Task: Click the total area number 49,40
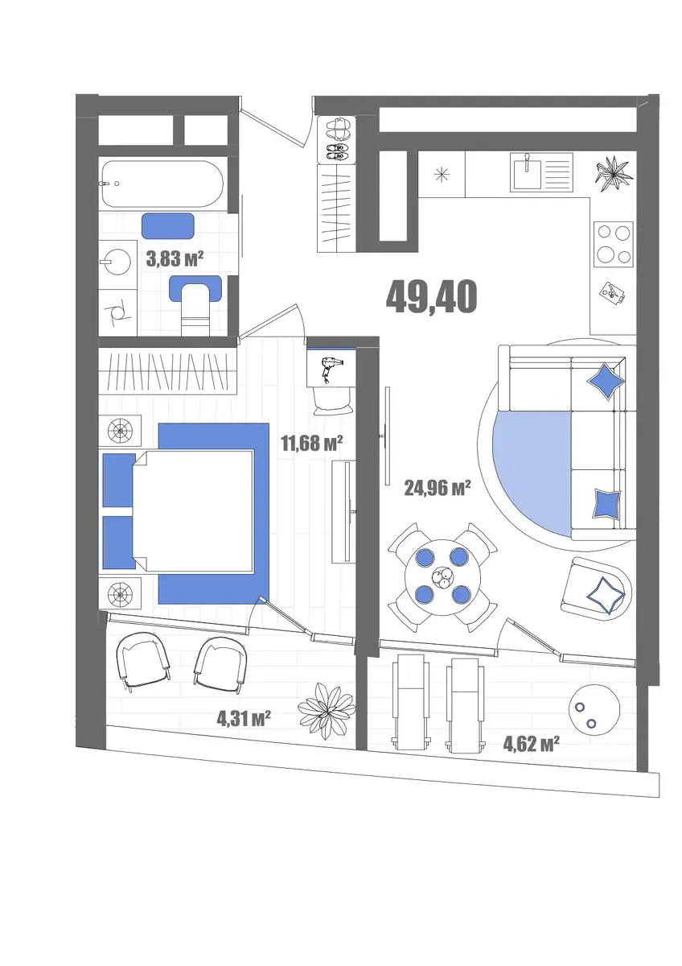coord(431,296)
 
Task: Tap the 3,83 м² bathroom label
coord(175,259)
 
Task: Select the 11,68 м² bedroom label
coord(312,443)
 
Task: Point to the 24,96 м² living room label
coord(437,488)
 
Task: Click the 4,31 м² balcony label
coord(244,718)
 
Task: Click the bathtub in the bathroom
coord(162,184)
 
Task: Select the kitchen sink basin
coord(526,171)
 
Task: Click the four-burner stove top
coord(613,244)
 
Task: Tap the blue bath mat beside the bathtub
coord(168,226)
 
